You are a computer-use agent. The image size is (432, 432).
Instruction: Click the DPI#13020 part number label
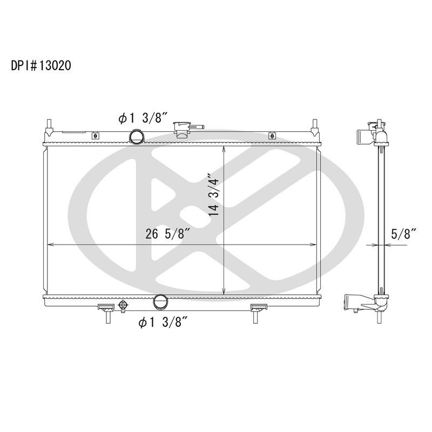click(41, 66)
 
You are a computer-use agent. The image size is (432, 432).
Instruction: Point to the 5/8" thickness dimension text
click(404, 234)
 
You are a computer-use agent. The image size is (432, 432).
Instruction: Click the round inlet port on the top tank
click(136, 137)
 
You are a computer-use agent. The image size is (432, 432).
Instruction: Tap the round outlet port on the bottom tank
click(160, 301)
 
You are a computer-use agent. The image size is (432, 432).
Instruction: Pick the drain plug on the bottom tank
click(123, 306)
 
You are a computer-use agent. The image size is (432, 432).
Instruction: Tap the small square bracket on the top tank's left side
click(96, 136)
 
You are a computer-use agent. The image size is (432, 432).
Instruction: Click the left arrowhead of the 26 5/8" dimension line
click(51, 245)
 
